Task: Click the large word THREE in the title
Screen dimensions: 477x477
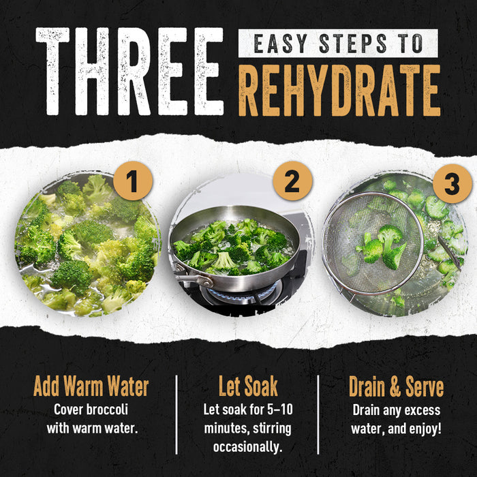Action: coord(129,72)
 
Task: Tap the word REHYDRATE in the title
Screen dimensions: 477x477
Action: coord(339,91)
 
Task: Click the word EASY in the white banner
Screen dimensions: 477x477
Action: coord(276,44)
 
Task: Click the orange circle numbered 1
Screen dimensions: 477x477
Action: coord(133,181)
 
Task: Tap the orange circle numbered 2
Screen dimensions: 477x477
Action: coord(292,181)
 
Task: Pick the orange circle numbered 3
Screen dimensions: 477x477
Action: coord(452,183)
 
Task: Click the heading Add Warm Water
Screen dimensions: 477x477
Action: coord(91,386)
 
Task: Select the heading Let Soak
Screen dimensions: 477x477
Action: coord(248,386)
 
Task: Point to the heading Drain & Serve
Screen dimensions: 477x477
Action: coord(396,386)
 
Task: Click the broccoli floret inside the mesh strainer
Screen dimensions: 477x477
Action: coord(383,247)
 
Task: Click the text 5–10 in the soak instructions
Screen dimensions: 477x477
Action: coord(280,409)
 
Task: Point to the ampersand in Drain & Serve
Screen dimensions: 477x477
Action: coord(395,386)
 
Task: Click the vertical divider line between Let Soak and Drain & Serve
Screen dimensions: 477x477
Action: coord(318,414)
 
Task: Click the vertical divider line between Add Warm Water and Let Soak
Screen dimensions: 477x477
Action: coord(176,414)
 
